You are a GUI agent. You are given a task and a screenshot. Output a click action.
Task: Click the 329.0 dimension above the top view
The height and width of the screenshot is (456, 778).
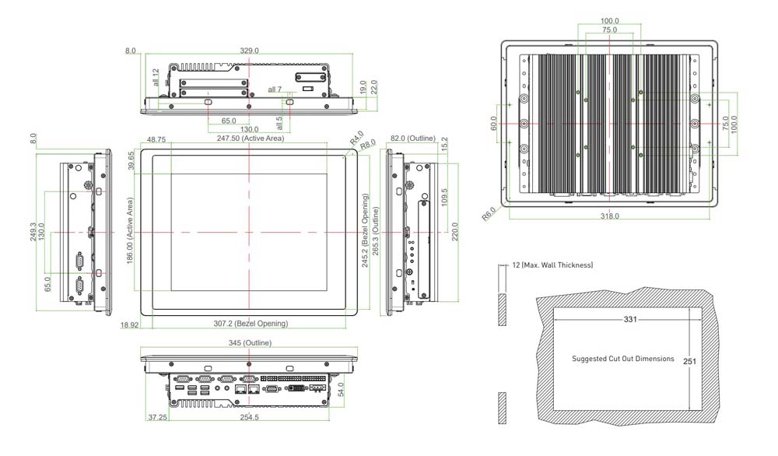pyautogui.click(x=249, y=51)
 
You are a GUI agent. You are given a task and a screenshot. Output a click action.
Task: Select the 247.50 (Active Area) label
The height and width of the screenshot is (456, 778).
pyautogui.click(x=251, y=139)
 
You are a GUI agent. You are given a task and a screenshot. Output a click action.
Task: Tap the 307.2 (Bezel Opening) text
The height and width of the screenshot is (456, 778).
pyautogui.click(x=251, y=324)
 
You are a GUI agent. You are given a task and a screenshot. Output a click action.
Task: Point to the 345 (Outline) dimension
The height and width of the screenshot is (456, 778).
pyautogui.click(x=250, y=343)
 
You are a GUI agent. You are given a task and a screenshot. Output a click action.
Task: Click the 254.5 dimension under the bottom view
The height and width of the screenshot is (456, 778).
pyautogui.click(x=250, y=417)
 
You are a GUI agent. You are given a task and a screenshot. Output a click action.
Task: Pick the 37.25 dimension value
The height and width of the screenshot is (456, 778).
pyautogui.click(x=158, y=417)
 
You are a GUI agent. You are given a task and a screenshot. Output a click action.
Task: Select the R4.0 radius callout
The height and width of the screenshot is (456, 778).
pyautogui.click(x=357, y=138)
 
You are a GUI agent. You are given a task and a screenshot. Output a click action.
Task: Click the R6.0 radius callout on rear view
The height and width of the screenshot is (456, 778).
pyautogui.click(x=489, y=214)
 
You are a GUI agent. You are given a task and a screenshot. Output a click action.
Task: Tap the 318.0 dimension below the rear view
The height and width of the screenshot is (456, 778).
pyautogui.click(x=610, y=216)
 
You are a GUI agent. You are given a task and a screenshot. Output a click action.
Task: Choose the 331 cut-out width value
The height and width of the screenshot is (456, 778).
pyautogui.click(x=630, y=320)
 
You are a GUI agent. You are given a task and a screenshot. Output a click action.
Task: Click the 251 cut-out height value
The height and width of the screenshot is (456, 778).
pyautogui.click(x=689, y=362)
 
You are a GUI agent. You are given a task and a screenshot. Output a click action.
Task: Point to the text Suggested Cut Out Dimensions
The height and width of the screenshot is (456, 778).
pyautogui.click(x=623, y=358)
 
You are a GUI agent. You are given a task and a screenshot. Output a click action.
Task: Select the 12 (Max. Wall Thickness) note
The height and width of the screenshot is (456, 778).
pyautogui.click(x=552, y=265)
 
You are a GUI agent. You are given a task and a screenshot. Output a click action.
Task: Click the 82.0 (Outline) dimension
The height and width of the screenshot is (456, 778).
pyautogui.click(x=413, y=139)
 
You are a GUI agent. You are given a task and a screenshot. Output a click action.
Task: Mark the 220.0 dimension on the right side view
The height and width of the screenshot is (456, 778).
pyautogui.click(x=455, y=232)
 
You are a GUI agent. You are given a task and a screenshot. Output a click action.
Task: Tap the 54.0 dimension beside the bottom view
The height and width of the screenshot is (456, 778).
pyautogui.click(x=341, y=390)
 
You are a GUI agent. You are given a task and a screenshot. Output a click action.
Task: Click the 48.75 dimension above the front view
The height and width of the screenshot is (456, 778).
pyautogui.click(x=156, y=140)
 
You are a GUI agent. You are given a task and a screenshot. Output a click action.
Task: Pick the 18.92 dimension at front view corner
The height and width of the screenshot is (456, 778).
pyautogui.click(x=129, y=325)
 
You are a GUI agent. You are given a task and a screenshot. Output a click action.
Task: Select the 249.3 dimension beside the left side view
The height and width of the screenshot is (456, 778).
pyautogui.click(x=33, y=232)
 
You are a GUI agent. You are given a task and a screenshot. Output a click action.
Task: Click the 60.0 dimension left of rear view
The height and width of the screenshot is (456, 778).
pyautogui.click(x=493, y=124)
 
